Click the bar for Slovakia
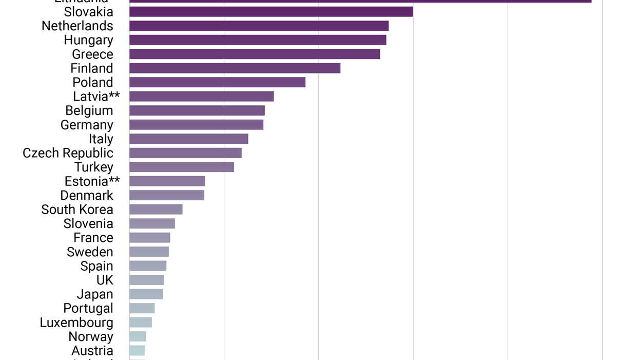pyautogui.click(x=271, y=12)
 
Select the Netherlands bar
pyautogui.click(x=259, y=26)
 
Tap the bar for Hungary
pyautogui.click(x=258, y=40)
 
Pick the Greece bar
pyautogui.click(x=255, y=54)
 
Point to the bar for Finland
pyautogui.click(x=235, y=68)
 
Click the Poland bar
pyautogui.click(x=217, y=82)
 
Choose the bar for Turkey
pyautogui.click(x=182, y=167)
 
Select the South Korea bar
pyautogui.click(x=156, y=210)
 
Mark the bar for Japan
pyautogui.click(x=146, y=294)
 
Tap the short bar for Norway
pyautogui.click(x=138, y=336)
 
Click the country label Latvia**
pyautogui.click(x=96, y=97)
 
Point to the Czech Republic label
pyautogui.click(x=68, y=153)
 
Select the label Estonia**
pyautogui.click(x=92, y=181)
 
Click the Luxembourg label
pyautogui.click(x=76, y=323)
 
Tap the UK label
pyautogui.click(x=105, y=280)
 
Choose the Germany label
pyautogui.click(x=87, y=125)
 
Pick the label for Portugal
pyautogui.click(x=88, y=308)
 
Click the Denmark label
pyautogui.click(x=87, y=195)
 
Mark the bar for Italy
pyautogui.click(x=189, y=139)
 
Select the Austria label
pyautogui.click(x=92, y=351)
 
